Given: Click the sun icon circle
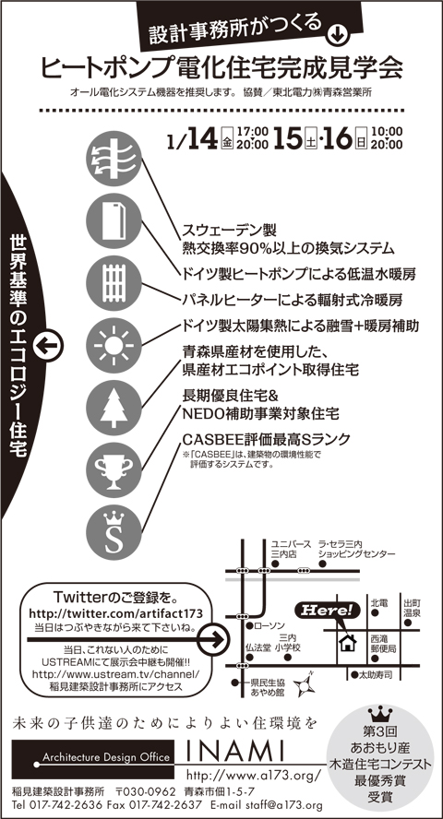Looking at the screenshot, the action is [114, 345].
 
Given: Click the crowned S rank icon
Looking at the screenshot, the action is [114, 533].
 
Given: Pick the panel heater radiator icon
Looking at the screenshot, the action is [114, 283].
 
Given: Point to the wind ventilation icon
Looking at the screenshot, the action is [114, 159].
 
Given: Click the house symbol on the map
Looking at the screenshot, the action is [347, 642].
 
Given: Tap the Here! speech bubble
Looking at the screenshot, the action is [327, 610].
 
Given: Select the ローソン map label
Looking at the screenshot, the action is [269, 625].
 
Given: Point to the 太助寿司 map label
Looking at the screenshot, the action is [375, 674].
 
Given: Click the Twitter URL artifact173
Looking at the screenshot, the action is [115, 612].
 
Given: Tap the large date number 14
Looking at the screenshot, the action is [200, 138].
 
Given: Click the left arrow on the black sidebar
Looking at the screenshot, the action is [48, 345].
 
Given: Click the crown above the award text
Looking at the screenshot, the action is [380, 713].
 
